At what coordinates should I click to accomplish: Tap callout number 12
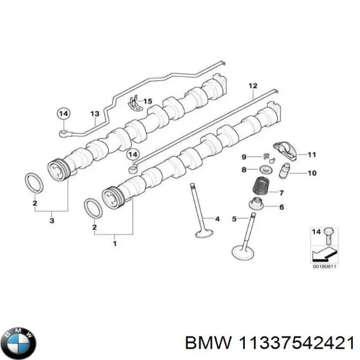point(253,86)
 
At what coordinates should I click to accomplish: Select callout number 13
point(94,113)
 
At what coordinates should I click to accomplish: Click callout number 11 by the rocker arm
point(311,155)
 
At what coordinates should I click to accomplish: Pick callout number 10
point(311,174)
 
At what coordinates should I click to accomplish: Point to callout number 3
point(52,222)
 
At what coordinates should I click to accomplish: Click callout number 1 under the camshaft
point(115,243)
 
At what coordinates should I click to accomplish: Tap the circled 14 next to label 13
point(64,113)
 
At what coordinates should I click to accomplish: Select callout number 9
point(244,157)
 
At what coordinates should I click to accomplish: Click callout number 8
point(244,170)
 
